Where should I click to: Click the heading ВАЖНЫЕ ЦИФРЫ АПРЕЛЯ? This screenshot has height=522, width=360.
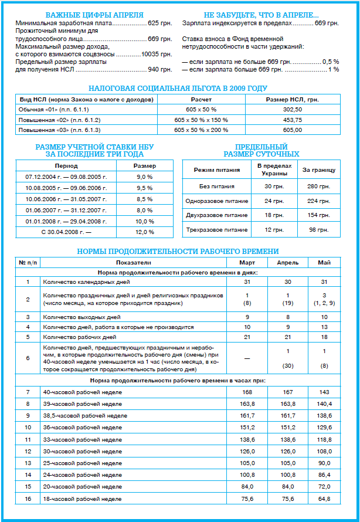point(94,14)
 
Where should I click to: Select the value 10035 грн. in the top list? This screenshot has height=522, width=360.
point(157,54)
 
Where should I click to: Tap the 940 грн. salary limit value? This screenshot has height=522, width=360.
point(159,69)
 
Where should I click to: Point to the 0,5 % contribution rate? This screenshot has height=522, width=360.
point(331,62)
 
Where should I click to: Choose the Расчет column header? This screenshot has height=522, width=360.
point(201,100)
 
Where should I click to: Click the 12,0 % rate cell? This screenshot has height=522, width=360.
point(144,232)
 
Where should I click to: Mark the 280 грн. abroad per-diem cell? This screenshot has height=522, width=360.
point(318,187)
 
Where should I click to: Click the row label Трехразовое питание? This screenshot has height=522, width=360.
point(217,230)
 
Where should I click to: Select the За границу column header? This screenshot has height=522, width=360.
point(318,170)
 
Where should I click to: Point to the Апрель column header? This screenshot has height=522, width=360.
point(288,262)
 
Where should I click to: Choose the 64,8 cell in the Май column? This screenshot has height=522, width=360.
point(325,499)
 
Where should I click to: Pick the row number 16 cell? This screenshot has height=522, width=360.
point(28,499)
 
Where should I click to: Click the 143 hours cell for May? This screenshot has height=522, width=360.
point(325,392)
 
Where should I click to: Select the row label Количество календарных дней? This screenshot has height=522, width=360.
point(82,282)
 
